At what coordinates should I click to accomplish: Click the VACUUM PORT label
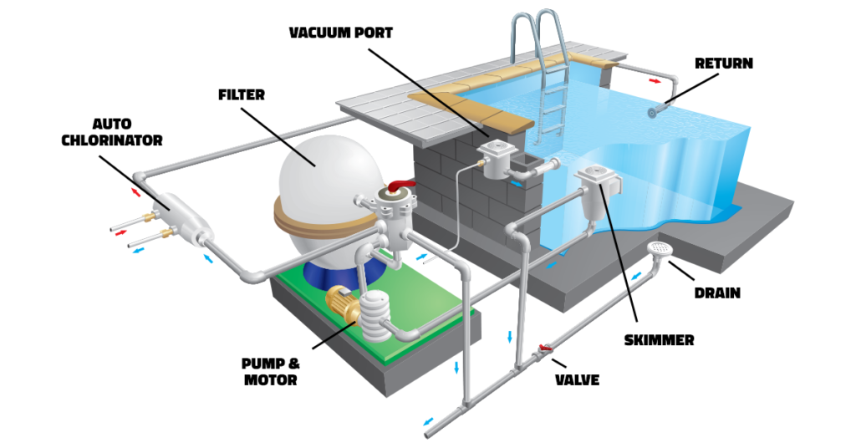pyautogui.click(x=341, y=33)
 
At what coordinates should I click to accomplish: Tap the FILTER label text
pyautogui.click(x=242, y=95)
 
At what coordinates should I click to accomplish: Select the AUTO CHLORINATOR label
pyautogui.click(x=112, y=132)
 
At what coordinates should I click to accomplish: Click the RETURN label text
pyautogui.click(x=724, y=64)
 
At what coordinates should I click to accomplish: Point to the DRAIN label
pyautogui.click(x=717, y=293)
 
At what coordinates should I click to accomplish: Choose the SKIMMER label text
pyautogui.click(x=659, y=340)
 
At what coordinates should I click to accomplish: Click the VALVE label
pyautogui.click(x=577, y=379)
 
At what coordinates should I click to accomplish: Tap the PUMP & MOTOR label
pyautogui.click(x=271, y=372)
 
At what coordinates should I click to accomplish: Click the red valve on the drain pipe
pyautogui.click(x=544, y=348)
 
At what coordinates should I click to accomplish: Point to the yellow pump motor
pyautogui.click(x=342, y=303)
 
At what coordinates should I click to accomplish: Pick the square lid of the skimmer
pyautogui.click(x=595, y=175)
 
